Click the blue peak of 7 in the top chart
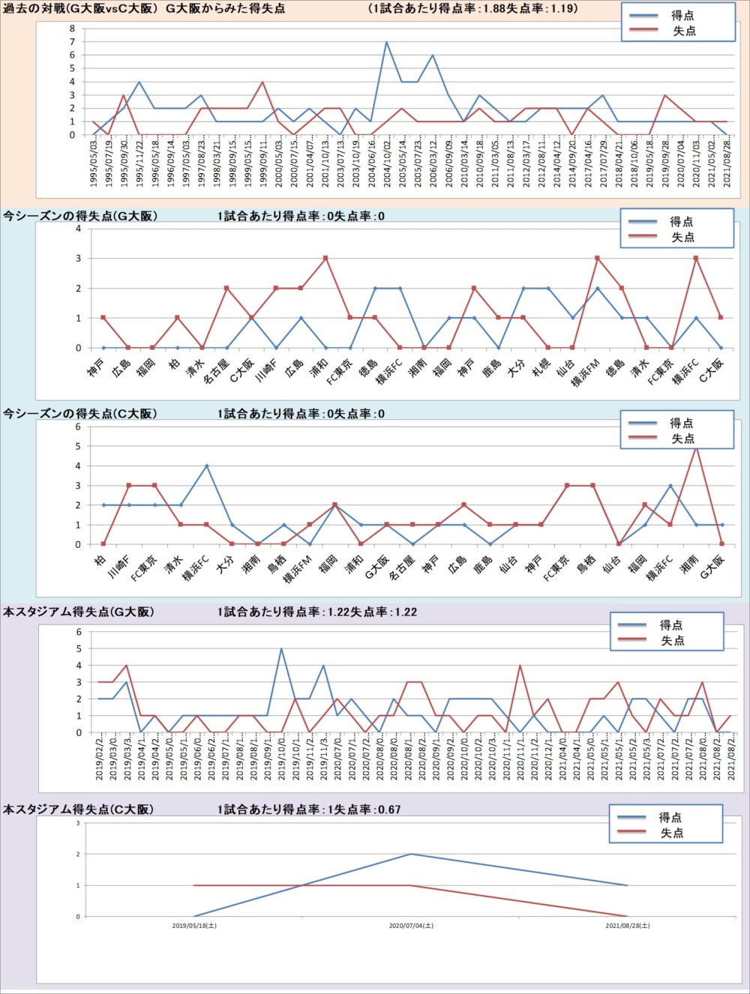tap(386, 42)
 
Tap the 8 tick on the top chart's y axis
tap(73, 28)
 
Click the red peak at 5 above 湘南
tap(696, 447)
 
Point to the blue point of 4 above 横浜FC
tap(206, 466)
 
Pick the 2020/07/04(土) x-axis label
tap(411, 926)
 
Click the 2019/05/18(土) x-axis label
tap(194, 926)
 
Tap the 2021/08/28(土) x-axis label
tap(628, 926)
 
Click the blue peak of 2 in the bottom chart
tap(410, 854)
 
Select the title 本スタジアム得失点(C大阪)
tap(79, 810)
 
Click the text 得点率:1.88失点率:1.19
tap(473, 9)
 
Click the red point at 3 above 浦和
tap(325, 259)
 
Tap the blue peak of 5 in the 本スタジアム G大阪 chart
tap(281, 649)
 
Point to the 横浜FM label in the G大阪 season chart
tap(586, 370)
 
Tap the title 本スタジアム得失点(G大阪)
tap(79, 612)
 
